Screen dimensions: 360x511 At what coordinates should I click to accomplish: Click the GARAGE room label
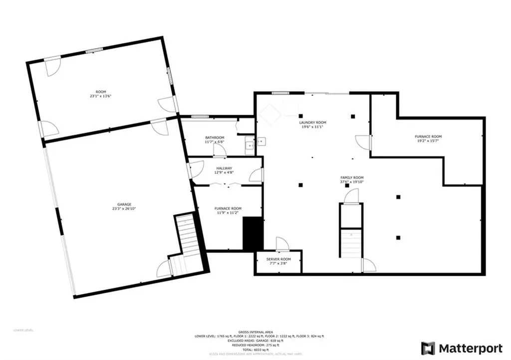click(124, 204)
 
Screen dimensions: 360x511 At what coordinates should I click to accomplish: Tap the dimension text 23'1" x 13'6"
click(100, 96)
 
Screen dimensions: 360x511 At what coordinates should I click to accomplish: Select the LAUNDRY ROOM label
click(312, 123)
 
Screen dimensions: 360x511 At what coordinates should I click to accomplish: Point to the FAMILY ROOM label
click(352, 178)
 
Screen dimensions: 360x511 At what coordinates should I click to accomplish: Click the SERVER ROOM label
click(278, 259)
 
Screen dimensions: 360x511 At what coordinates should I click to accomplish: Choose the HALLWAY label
click(225, 169)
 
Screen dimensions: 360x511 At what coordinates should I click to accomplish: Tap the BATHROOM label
click(215, 138)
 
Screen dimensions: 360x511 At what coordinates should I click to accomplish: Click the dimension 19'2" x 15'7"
click(428, 141)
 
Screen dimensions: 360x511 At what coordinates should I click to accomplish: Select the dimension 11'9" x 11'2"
click(228, 213)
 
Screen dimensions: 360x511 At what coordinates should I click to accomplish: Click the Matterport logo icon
click(428, 348)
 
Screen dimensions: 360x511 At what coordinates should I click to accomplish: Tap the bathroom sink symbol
click(248, 147)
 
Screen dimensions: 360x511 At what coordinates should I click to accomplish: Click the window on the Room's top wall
click(94, 50)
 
